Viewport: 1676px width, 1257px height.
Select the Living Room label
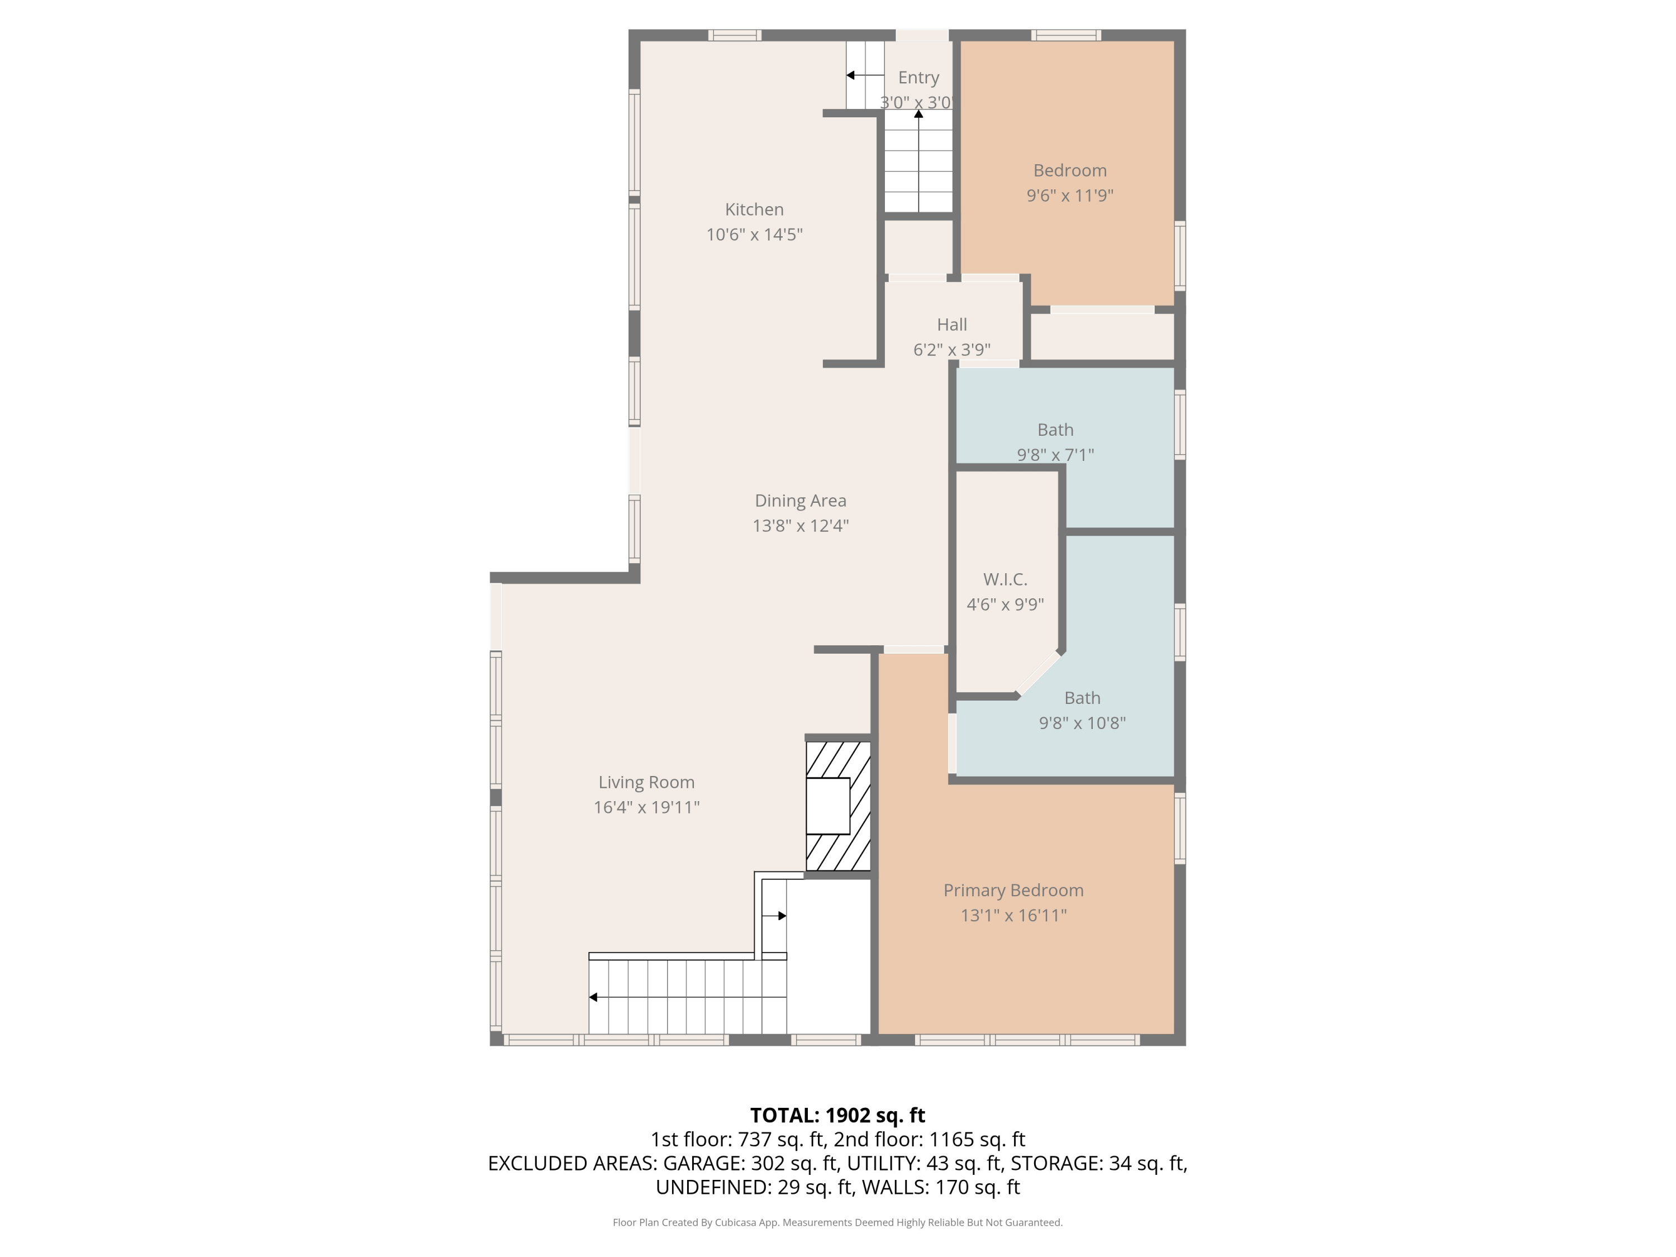[646, 782]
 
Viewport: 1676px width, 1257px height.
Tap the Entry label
[918, 77]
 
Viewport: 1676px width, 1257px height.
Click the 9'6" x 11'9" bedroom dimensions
[1070, 196]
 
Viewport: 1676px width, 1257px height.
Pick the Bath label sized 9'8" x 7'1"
[1055, 430]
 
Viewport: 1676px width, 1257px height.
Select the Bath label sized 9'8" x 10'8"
[1082, 698]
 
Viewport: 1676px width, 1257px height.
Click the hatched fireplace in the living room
[837, 806]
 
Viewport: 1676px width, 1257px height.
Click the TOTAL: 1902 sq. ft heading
[837, 1115]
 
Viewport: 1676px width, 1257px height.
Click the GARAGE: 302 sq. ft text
[751, 1163]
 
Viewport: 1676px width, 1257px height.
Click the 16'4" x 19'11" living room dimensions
[646, 807]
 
